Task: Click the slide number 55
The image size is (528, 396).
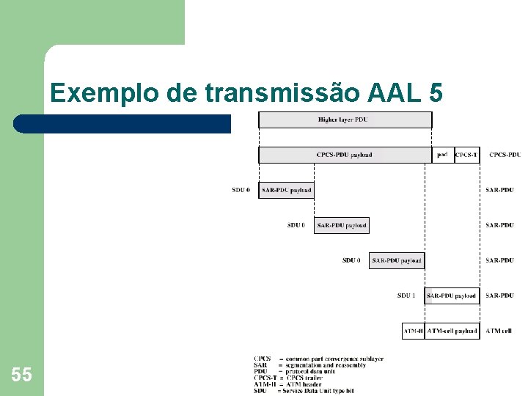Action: point(21,375)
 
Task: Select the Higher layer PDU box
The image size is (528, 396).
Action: point(343,120)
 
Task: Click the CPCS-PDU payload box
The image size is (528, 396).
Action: point(344,155)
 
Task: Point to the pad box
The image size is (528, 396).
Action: point(442,155)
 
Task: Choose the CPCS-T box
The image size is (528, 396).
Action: point(467,155)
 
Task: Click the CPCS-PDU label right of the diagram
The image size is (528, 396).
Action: point(505,155)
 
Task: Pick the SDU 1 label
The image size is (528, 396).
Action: point(406,296)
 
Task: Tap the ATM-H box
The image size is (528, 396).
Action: point(413,331)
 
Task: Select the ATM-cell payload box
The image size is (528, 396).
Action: point(452,331)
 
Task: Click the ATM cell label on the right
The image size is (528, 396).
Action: point(499,331)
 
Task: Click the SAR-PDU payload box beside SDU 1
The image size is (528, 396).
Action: point(452,296)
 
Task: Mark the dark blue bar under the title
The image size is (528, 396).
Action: point(125,123)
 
